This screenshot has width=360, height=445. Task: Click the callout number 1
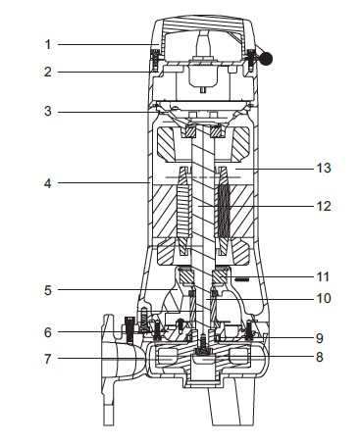point(48,44)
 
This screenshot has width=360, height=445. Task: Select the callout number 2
point(48,72)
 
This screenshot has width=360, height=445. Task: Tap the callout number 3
point(48,112)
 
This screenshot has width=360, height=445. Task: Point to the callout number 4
point(48,183)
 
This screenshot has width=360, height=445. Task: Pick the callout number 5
point(48,290)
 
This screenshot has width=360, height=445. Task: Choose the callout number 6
point(48,332)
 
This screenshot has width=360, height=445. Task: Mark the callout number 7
point(48,359)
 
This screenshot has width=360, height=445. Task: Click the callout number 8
point(320,357)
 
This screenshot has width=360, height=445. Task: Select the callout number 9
point(320,338)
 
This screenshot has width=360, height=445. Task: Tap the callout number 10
point(324,298)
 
